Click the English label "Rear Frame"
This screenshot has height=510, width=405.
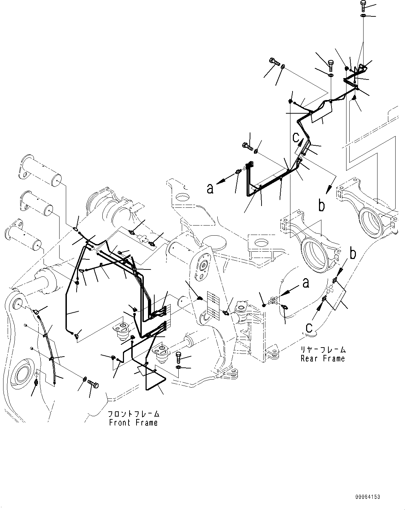(323, 358)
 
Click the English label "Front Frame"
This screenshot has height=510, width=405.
(133, 423)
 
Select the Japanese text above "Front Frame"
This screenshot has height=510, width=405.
(133, 414)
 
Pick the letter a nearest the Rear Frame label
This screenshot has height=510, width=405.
(306, 283)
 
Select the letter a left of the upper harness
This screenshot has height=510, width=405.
(210, 189)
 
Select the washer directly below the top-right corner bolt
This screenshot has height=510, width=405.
(363, 16)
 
